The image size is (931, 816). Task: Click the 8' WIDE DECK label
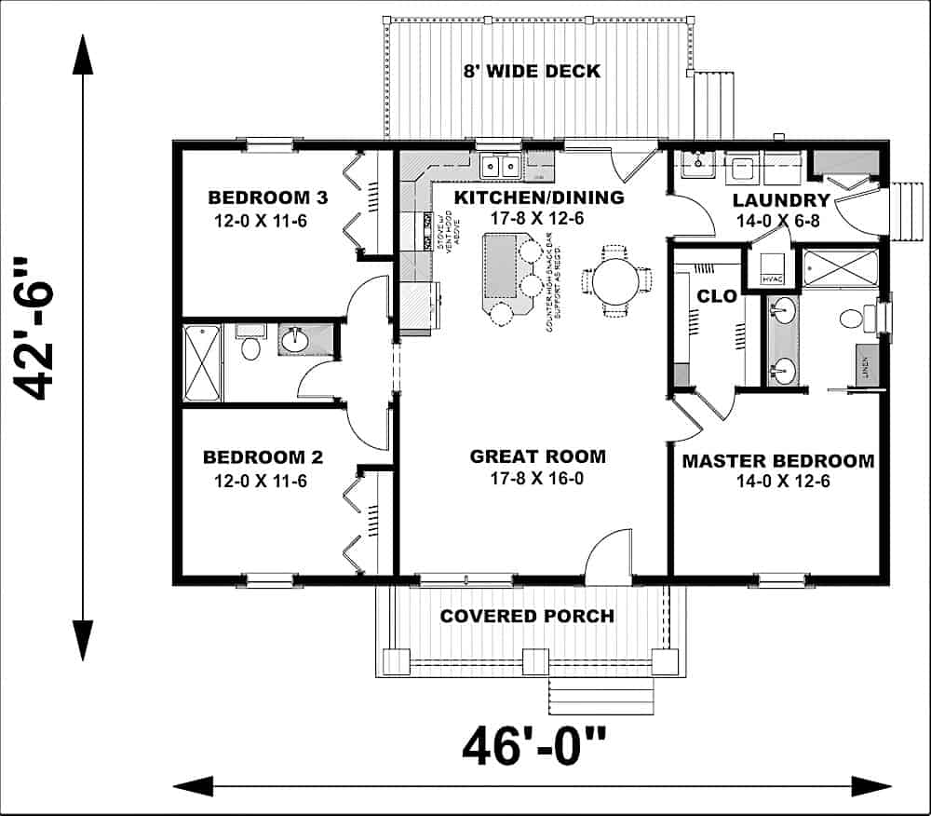tap(532, 71)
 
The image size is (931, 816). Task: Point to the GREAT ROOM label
tap(537, 456)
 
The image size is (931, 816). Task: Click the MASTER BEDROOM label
tap(777, 461)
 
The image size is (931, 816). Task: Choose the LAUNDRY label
tap(780, 200)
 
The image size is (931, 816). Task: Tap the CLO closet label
tap(717, 297)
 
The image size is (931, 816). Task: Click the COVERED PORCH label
tap(527, 616)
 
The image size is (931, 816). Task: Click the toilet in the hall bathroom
tap(250, 347)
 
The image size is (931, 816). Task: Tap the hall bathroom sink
tap(296, 339)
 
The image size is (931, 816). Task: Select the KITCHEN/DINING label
tap(538, 197)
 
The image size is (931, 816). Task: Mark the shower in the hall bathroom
tap(202, 362)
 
